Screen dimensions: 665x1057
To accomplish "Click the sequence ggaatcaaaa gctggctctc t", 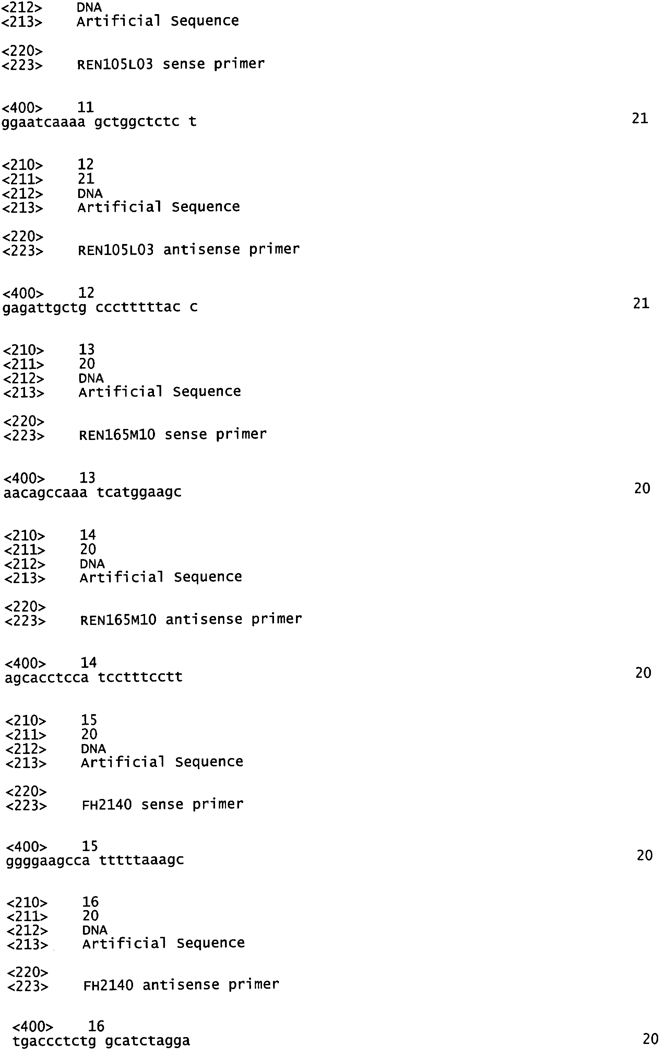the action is tap(99, 121).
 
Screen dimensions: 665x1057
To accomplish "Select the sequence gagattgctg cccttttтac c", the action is tap(100, 307).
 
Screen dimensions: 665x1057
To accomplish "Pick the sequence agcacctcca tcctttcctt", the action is tap(93, 677).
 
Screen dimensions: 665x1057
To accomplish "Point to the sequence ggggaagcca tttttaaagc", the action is tap(95, 860).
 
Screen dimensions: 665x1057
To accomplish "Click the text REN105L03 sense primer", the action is tap(171, 64).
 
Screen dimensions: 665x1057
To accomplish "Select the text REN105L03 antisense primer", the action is tap(189, 250).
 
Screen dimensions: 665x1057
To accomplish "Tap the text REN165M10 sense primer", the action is tap(173, 434).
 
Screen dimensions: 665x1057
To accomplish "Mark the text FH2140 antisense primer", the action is tap(181, 985).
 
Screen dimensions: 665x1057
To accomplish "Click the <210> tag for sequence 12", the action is tap(23, 165).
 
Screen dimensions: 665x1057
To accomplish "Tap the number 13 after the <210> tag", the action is tap(87, 349).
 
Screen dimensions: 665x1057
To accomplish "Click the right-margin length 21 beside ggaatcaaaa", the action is tap(640, 118).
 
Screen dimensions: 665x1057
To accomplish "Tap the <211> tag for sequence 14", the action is tap(25, 549).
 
